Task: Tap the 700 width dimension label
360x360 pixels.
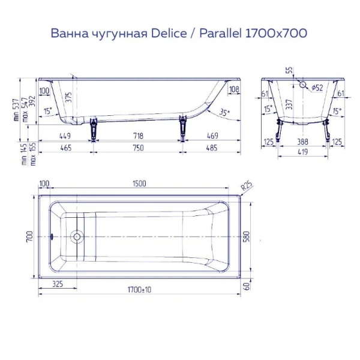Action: [x=29, y=236]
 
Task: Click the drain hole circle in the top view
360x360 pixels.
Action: [x=76, y=236]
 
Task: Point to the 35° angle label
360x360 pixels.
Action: [x=224, y=112]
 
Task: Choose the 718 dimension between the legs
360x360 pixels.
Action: [x=139, y=137]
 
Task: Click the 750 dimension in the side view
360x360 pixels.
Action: [x=139, y=147]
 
